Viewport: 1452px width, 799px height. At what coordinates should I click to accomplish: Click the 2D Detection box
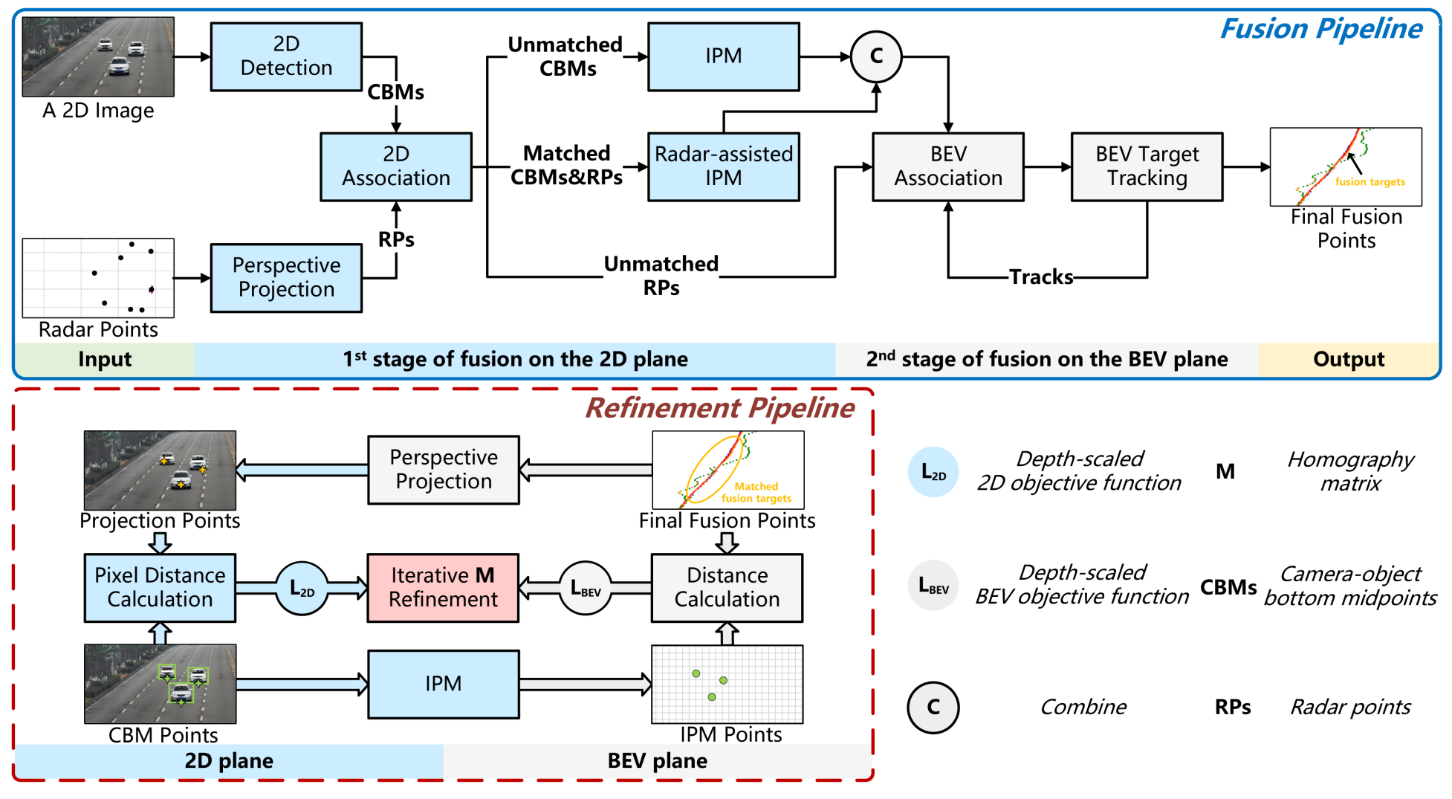pyautogui.click(x=286, y=56)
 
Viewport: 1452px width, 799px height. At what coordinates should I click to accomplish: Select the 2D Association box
pyautogui.click(x=396, y=166)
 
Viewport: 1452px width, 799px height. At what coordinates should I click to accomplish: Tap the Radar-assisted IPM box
pyautogui.click(x=723, y=166)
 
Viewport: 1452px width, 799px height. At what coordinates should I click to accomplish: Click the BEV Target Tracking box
pyautogui.click(x=1147, y=166)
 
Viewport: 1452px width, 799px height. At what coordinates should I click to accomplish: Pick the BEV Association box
pyautogui.click(x=947, y=166)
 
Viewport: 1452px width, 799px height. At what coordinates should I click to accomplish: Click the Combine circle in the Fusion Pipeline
pyautogui.click(x=876, y=56)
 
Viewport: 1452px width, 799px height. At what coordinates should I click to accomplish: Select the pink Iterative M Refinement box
pyautogui.click(x=443, y=587)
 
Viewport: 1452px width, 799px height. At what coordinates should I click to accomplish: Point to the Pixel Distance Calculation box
pyautogui.click(x=160, y=587)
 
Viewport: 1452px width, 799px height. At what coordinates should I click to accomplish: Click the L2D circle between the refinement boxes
pyautogui.click(x=302, y=588)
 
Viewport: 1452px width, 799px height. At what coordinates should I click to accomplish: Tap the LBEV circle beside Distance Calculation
pyautogui.click(x=586, y=588)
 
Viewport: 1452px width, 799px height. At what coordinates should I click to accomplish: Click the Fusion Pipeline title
pyautogui.click(x=1320, y=29)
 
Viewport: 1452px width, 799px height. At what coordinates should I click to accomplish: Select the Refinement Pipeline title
pyautogui.click(x=719, y=408)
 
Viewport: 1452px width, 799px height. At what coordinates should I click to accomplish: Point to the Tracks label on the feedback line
pyautogui.click(x=1041, y=277)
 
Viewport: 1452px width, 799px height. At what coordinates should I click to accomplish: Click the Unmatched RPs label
pyautogui.click(x=661, y=276)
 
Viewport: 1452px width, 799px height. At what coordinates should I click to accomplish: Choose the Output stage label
pyautogui.click(x=1348, y=360)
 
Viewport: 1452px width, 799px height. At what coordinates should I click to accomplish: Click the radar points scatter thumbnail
pyautogui.click(x=98, y=278)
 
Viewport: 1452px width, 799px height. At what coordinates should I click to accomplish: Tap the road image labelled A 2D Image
pyautogui.click(x=98, y=57)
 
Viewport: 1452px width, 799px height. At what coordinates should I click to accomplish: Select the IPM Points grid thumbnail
pyautogui.click(x=727, y=684)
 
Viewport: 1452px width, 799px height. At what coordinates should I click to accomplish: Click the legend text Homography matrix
pyautogui.click(x=1350, y=471)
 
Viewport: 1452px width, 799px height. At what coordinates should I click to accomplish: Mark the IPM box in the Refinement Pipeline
pyautogui.click(x=443, y=684)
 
